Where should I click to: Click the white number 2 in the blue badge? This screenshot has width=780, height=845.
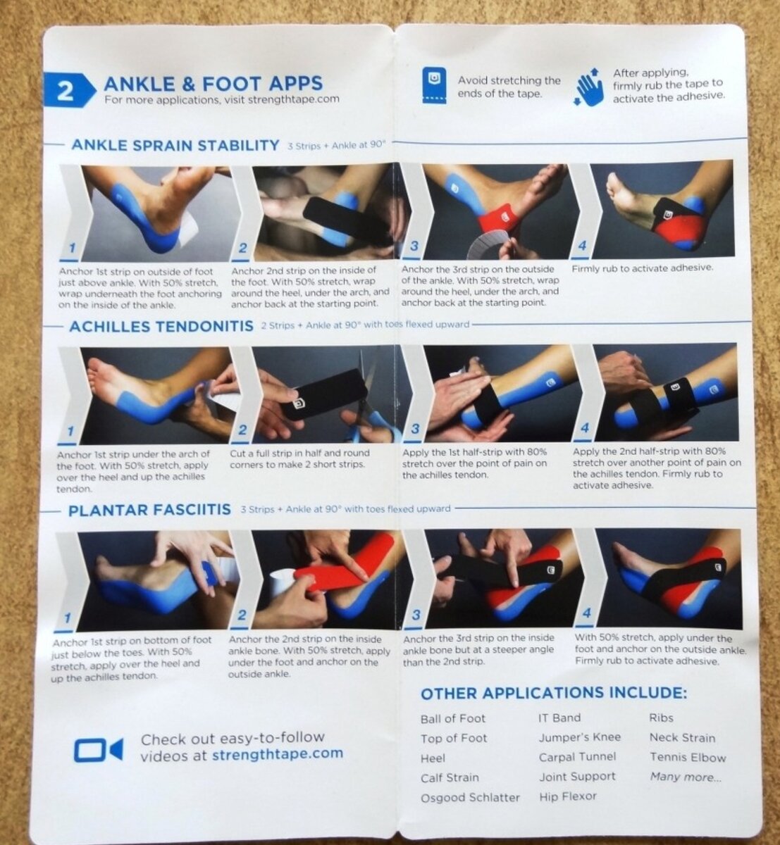coord(65,92)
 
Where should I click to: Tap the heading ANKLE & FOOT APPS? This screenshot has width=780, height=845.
coord(213,83)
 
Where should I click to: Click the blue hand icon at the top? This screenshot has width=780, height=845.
coord(590,87)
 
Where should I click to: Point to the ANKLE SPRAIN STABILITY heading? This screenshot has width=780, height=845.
coord(175,145)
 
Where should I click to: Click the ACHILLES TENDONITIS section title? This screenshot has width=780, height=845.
coord(161,327)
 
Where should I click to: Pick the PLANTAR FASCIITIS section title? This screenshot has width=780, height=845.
coord(149,510)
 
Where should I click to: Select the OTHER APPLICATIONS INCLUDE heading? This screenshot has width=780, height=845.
coord(554,694)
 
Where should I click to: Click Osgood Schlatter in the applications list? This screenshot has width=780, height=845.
coord(470,797)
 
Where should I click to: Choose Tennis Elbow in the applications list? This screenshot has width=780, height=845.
coord(688,758)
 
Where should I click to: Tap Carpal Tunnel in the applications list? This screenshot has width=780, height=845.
coord(577,757)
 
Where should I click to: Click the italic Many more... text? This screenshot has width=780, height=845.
coord(686,777)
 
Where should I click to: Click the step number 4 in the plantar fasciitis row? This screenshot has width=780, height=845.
coord(586,613)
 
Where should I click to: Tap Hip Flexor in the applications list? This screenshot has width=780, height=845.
coord(568,796)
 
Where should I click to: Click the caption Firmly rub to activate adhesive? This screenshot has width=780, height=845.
coord(642,268)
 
